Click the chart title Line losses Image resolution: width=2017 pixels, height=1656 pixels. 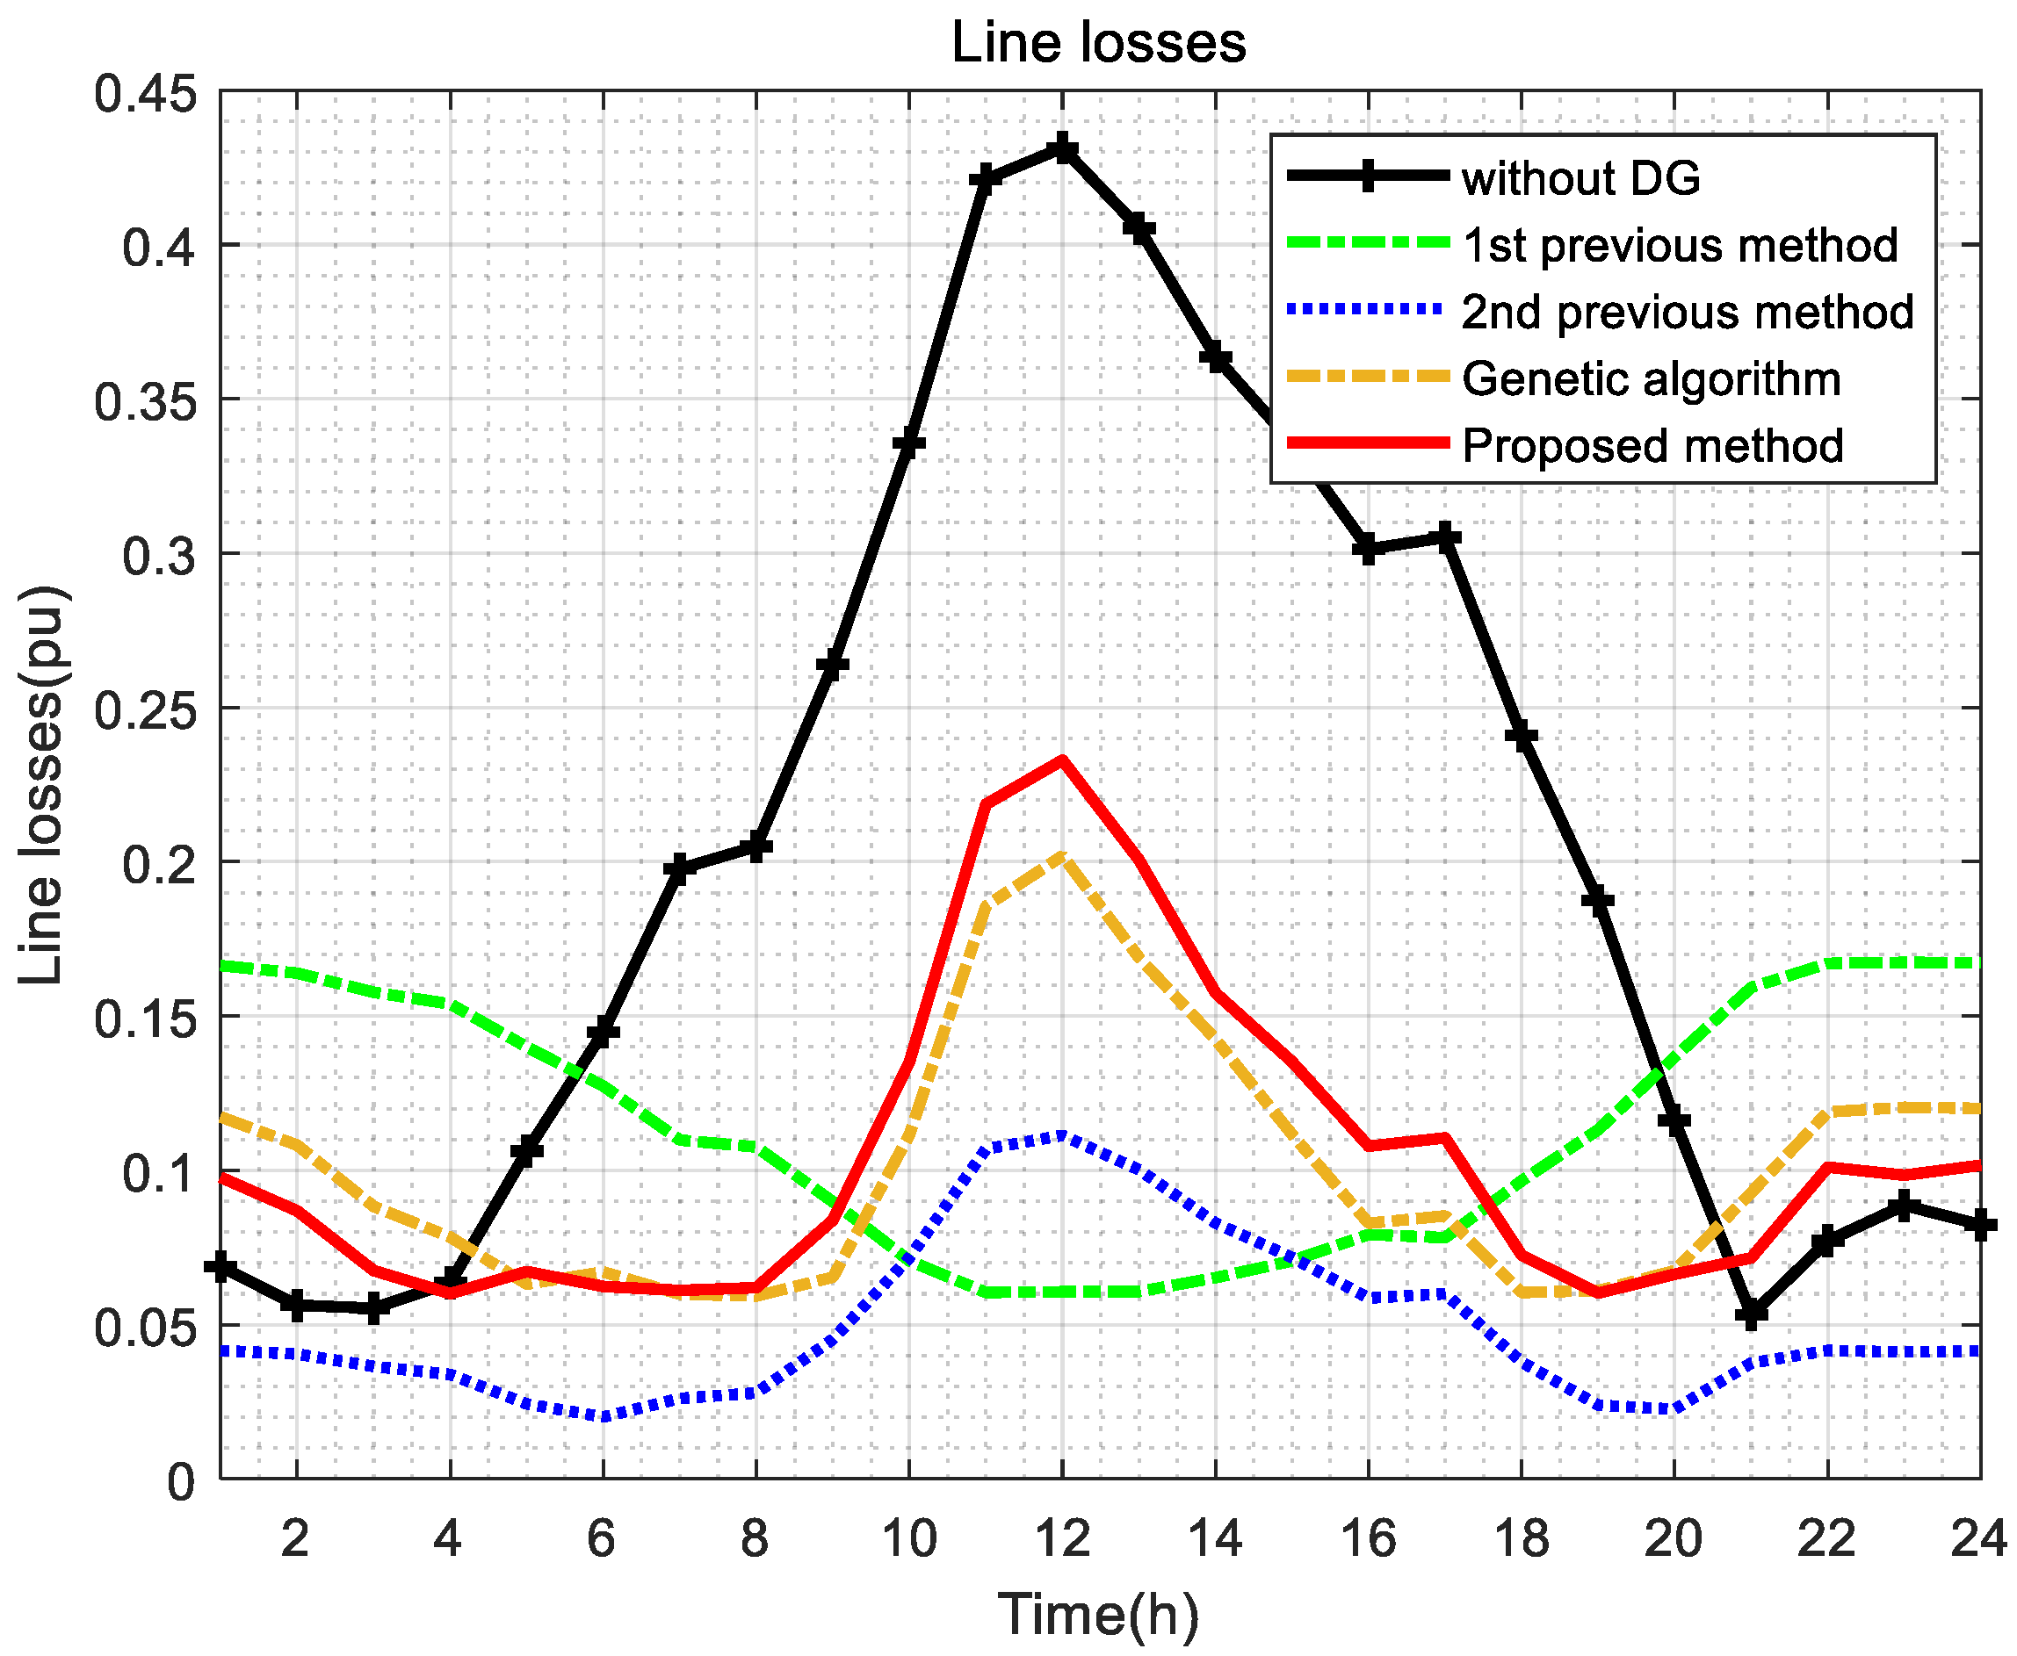1098,44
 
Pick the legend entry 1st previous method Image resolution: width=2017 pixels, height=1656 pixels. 1680,245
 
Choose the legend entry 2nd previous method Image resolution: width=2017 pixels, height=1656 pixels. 1687,312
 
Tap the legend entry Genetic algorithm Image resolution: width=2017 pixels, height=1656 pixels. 1651,378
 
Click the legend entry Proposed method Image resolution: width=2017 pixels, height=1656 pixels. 1652,445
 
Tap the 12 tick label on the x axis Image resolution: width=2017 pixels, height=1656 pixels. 1061,1537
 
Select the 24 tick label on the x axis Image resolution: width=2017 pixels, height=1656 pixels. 1977,1537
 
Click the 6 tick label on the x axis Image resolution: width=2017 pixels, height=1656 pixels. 601,1537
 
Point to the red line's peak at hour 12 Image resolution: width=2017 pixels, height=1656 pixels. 1062,760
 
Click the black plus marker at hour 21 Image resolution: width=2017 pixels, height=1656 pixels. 1751,1314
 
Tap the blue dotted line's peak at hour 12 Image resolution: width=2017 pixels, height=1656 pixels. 1062,1135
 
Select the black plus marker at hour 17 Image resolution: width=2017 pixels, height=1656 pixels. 1445,538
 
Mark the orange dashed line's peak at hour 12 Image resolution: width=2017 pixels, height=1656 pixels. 1062,857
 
